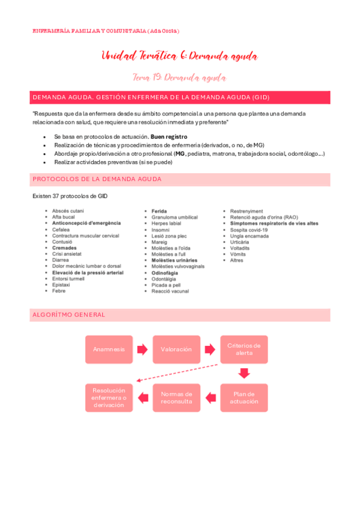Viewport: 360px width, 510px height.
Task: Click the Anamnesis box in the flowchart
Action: click(x=109, y=349)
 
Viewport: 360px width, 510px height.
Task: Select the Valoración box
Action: click(x=176, y=349)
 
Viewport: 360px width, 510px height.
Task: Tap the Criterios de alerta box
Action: click(x=243, y=349)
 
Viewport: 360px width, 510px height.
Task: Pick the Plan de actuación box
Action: click(x=243, y=398)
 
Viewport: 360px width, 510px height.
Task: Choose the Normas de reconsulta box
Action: click(x=176, y=398)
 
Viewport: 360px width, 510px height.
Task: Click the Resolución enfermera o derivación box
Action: click(x=109, y=398)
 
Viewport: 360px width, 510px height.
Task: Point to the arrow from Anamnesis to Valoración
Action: click(x=142, y=349)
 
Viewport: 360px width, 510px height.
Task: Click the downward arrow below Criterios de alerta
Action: click(x=243, y=373)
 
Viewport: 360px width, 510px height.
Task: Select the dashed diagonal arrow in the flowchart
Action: click(x=177, y=372)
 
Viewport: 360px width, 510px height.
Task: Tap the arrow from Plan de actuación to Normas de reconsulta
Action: click(x=210, y=398)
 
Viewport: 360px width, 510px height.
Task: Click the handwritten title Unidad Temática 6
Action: click(x=180, y=57)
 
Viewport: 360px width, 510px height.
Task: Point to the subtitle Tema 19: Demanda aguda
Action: click(x=179, y=78)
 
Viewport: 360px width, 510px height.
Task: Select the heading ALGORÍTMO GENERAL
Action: click(x=69, y=315)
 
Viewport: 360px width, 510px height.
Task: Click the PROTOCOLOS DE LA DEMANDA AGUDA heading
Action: click(x=97, y=179)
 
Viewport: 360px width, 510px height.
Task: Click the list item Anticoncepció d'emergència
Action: click(x=86, y=223)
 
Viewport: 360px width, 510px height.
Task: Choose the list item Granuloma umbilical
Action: click(x=174, y=217)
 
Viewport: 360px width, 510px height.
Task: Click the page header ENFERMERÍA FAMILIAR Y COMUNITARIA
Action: click(x=105, y=31)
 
